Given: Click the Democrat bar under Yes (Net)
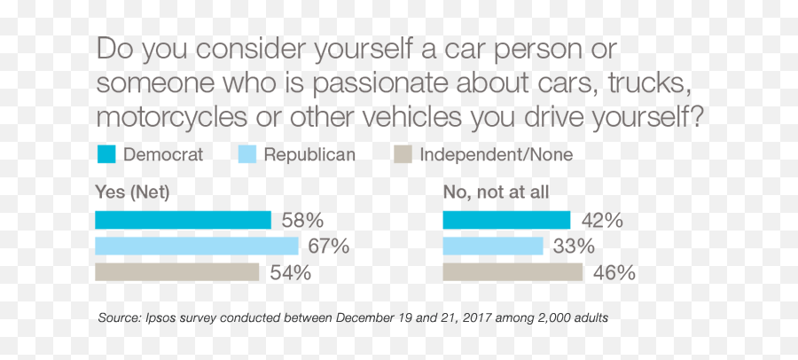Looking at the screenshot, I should click(183, 220).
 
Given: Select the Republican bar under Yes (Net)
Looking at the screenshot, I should click(196, 246).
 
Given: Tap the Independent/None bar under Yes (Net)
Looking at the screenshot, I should click(176, 272).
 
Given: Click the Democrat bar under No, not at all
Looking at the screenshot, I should click(506, 220).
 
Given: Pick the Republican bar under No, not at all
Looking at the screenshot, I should click(492, 246).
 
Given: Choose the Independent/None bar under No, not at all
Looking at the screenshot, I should click(512, 272).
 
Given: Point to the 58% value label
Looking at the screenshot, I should click(302, 220).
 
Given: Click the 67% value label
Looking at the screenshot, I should click(329, 246).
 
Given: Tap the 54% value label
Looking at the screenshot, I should click(290, 272).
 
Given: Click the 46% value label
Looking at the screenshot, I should click(614, 272).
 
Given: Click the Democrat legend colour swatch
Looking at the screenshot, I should click(106, 155).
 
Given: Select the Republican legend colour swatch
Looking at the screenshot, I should click(247, 155).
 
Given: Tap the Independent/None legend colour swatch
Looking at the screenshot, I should click(403, 155).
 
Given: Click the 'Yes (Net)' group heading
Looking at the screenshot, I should click(132, 191).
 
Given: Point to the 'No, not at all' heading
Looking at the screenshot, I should click(496, 191).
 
